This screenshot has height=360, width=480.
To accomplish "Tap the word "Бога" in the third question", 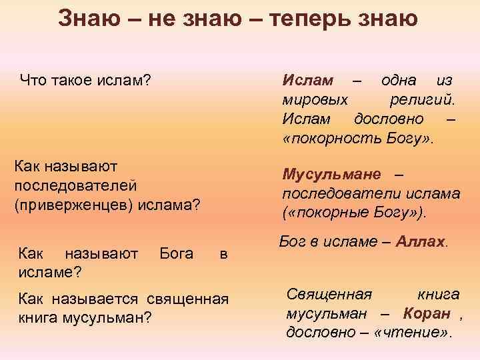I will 177,253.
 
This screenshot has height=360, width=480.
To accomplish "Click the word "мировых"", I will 314,100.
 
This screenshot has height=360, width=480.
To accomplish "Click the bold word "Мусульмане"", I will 331,175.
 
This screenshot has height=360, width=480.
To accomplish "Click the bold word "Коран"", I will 425,313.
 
